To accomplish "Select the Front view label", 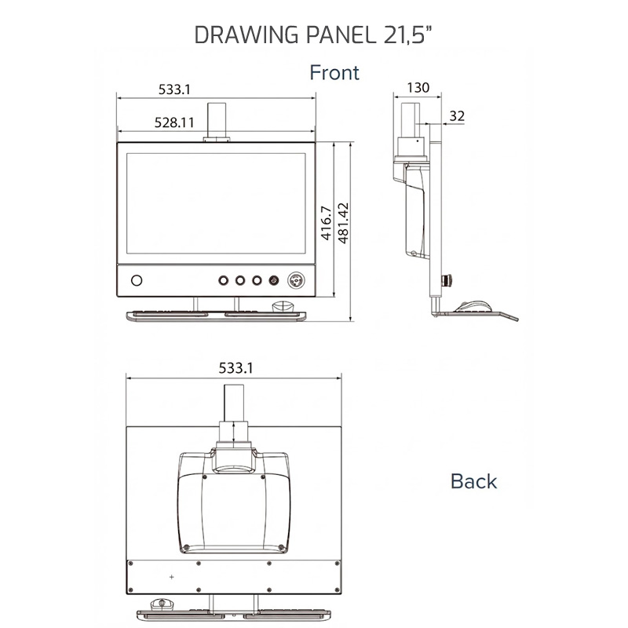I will pyautogui.click(x=334, y=73).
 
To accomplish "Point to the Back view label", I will pyautogui.click(x=473, y=481).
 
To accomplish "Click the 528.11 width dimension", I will pyautogui.click(x=174, y=122).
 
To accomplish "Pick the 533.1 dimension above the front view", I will pyautogui.click(x=174, y=89).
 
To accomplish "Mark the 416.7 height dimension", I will pyautogui.click(x=325, y=225).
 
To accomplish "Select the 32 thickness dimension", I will pyautogui.click(x=457, y=116).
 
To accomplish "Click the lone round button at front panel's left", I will pyautogui.click(x=137, y=280).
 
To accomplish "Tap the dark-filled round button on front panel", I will pyautogui.click(x=274, y=280).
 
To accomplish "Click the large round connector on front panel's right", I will pyautogui.click(x=298, y=280).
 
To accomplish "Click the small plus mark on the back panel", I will pyautogui.click(x=171, y=577).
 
